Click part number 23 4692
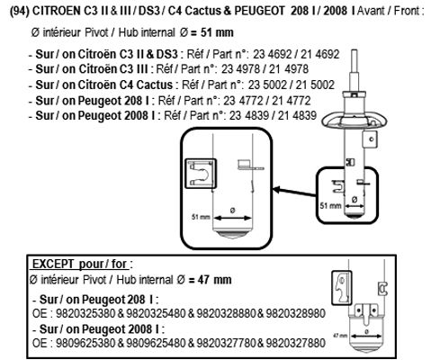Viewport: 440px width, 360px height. [x=272, y=54]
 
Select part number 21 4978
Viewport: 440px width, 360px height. [x=289, y=69]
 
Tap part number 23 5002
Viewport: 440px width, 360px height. [x=267, y=85]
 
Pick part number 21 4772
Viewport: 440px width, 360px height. [x=292, y=101]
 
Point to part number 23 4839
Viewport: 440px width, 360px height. [x=248, y=115]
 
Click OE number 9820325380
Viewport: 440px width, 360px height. [x=85, y=313]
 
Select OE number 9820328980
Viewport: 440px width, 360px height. [x=296, y=313]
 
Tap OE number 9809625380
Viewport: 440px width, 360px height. [x=85, y=343]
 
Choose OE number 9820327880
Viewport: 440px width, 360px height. [x=296, y=343]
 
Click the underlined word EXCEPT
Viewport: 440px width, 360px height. [x=53, y=264]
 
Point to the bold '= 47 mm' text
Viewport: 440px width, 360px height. [x=211, y=280]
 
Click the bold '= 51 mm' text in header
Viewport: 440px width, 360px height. [x=212, y=32]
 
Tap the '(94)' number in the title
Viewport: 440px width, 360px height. [x=20, y=11]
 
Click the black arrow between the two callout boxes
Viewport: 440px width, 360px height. [x=294, y=193]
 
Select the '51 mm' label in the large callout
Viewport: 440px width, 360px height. [x=201, y=217]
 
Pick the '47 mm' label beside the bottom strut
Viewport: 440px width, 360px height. [x=340, y=335]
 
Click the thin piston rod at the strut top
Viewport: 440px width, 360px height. [x=355, y=61]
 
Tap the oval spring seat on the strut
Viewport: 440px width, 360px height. [x=355, y=121]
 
